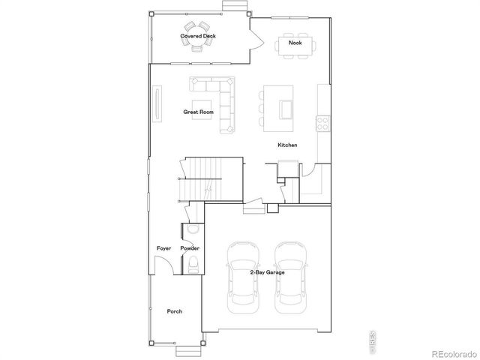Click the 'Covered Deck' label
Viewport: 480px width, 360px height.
tap(198, 35)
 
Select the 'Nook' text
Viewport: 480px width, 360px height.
tap(295, 43)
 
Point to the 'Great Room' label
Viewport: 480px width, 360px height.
tap(199, 112)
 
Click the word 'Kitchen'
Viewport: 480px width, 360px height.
tap(287, 145)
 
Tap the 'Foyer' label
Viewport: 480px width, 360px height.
tap(163, 247)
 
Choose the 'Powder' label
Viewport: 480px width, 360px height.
tap(189, 247)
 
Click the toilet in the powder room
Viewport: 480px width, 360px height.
tap(192, 262)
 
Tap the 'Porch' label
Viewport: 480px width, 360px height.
tap(174, 311)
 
